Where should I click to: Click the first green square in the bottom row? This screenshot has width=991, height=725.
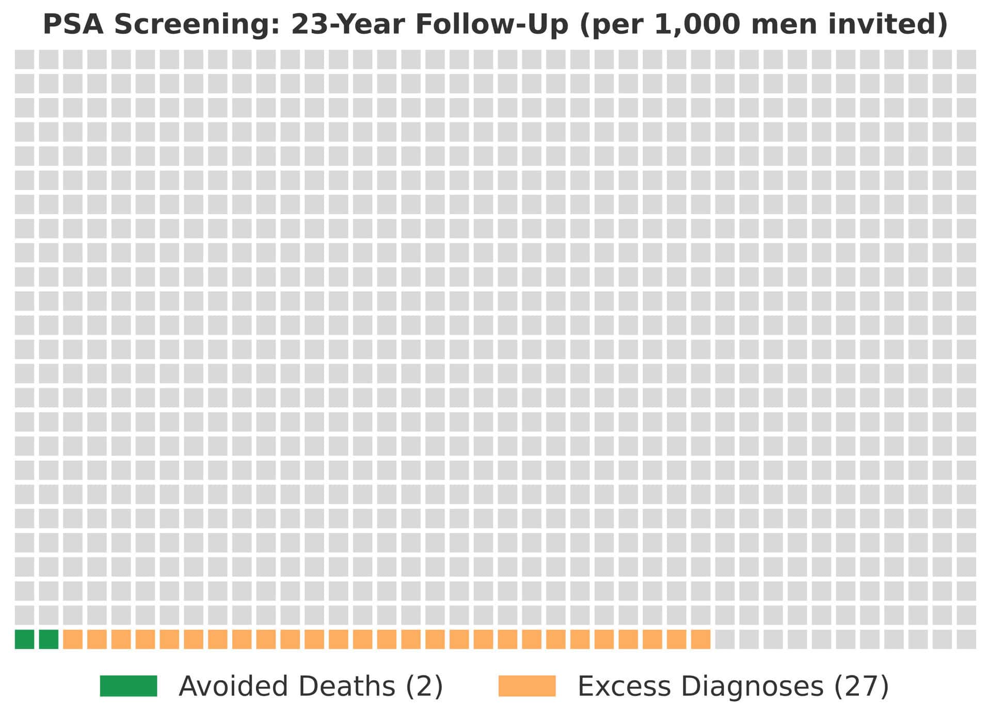pos(24,639)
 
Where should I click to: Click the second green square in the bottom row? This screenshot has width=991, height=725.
pos(49,639)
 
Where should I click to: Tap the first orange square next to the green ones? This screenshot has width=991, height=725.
pos(73,639)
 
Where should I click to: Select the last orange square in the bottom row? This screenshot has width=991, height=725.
pos(700,639)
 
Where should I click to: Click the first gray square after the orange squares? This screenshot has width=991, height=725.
pos(725,639)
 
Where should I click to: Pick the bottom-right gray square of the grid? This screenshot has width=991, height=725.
pos(966,639)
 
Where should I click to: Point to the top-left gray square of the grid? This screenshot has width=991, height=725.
pos(24,59)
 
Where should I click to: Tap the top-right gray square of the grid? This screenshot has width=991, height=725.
pos(966,59)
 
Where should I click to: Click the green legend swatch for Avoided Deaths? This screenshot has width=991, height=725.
pos(129,686)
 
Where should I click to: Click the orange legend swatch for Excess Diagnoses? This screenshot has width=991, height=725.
pos(527,686)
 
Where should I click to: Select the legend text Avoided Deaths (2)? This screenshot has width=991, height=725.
pos(311,686)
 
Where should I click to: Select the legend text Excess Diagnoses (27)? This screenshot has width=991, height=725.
pos(733,686)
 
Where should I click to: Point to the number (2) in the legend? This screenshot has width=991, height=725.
pos(424,686)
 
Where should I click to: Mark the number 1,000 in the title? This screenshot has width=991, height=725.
pos(697,24)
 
